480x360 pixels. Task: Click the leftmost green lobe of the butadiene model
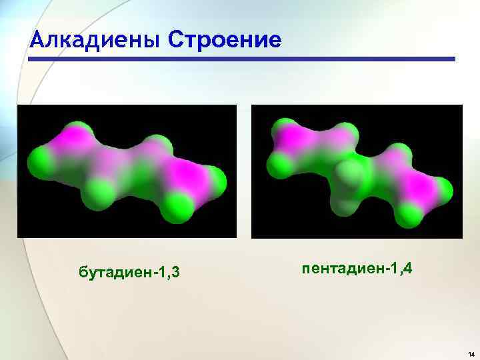[37, 161]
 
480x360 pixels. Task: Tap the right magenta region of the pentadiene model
[417, 181]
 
